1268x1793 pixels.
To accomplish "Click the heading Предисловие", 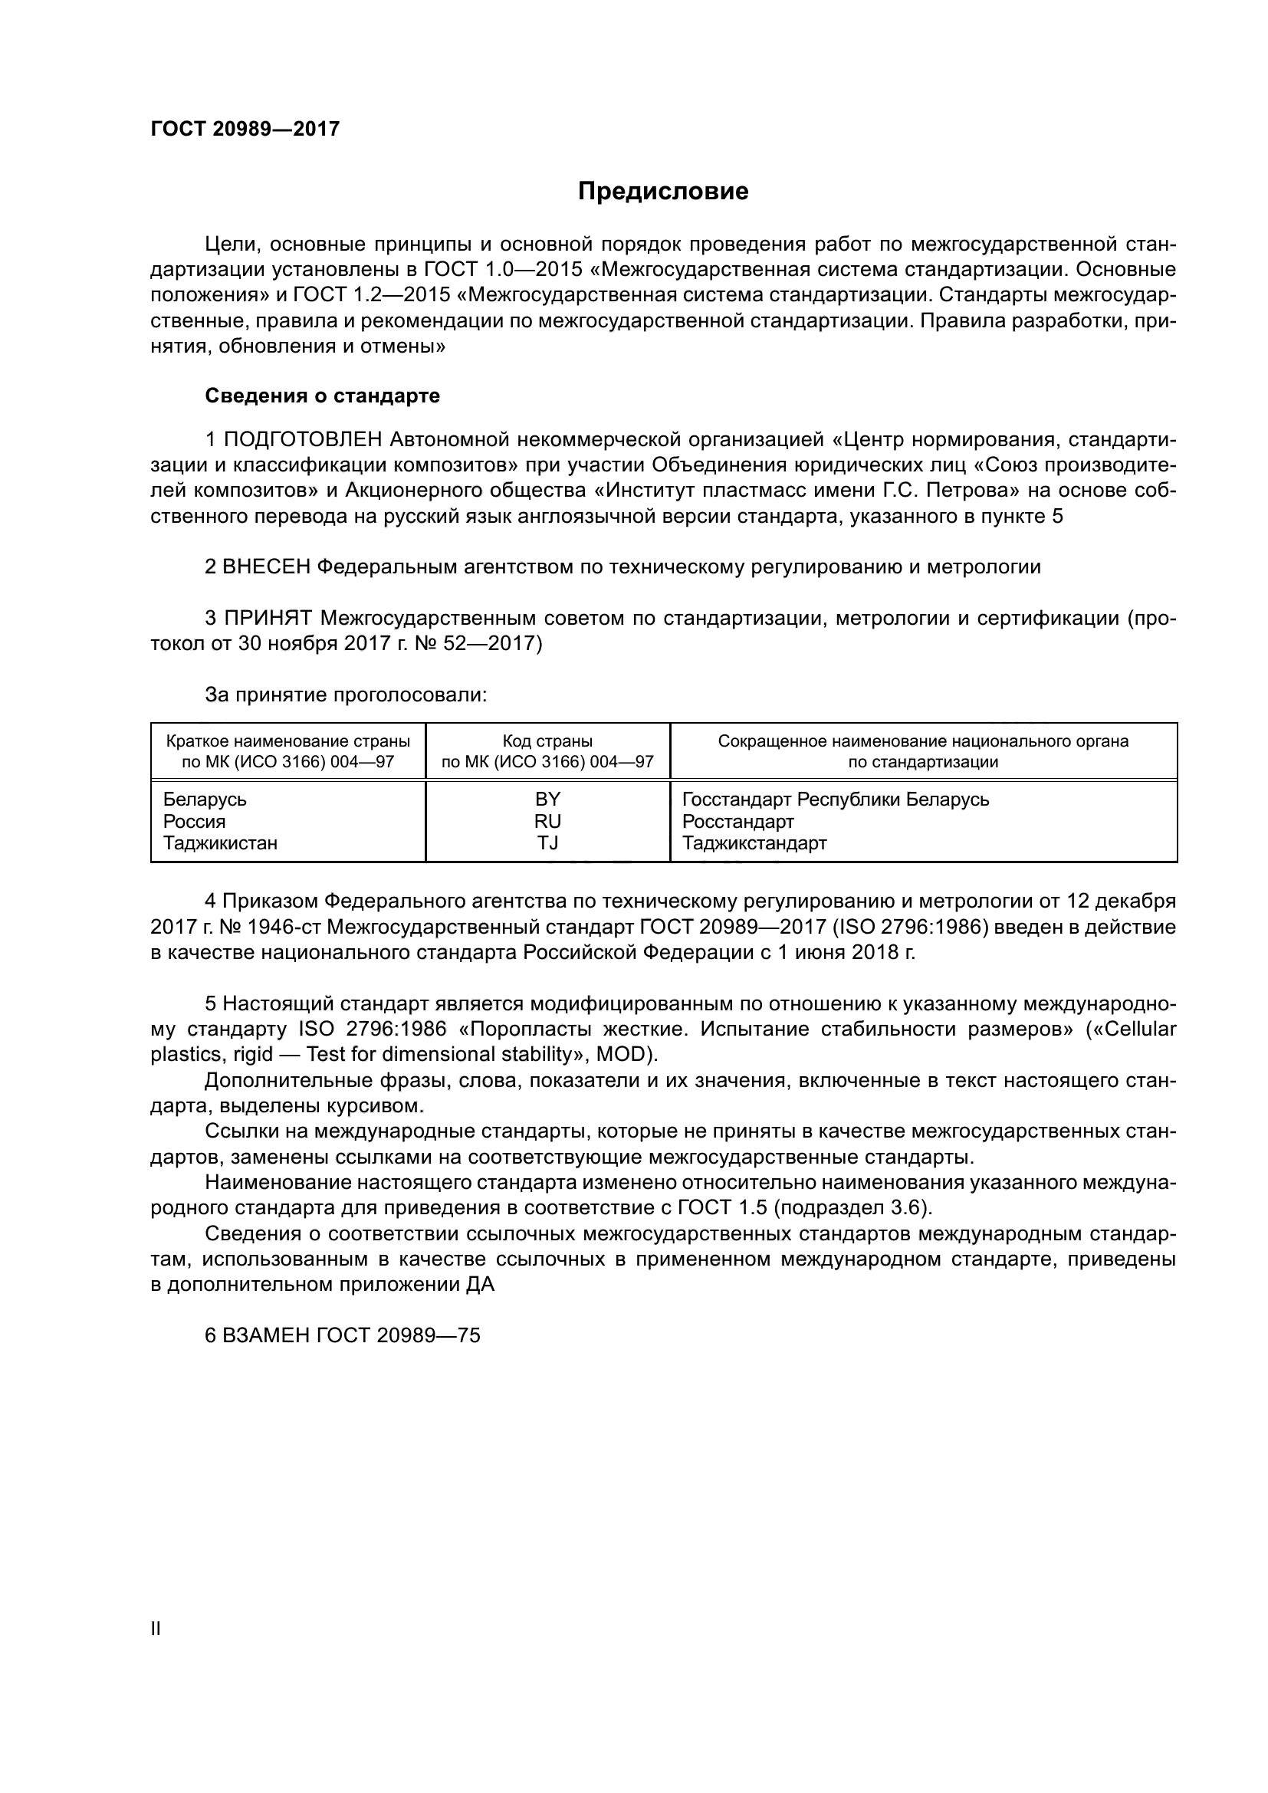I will tap(663, 192).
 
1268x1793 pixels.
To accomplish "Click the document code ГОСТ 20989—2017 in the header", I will tap(245, 129).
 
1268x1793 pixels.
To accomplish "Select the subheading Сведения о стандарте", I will tap(322, 396).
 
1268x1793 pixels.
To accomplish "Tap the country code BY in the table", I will tap(547, 799).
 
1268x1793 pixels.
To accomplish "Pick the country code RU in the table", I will tap(547, 821).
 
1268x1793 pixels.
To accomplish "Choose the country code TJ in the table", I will tap(547, 842).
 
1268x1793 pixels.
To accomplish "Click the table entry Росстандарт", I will tap(737, 821).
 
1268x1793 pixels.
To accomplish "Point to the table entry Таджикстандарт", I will tap(754, 842).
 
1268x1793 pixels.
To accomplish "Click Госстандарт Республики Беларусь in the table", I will tap(836, 799).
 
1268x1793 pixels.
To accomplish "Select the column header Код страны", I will tap(547, 741).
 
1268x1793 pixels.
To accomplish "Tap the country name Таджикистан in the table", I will tap(220, 842).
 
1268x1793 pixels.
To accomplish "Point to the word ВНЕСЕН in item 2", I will tap(266, 567).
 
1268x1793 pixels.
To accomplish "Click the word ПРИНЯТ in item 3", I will tap(268, 619).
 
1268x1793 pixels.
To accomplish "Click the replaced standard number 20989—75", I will tap(428, 1335).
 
